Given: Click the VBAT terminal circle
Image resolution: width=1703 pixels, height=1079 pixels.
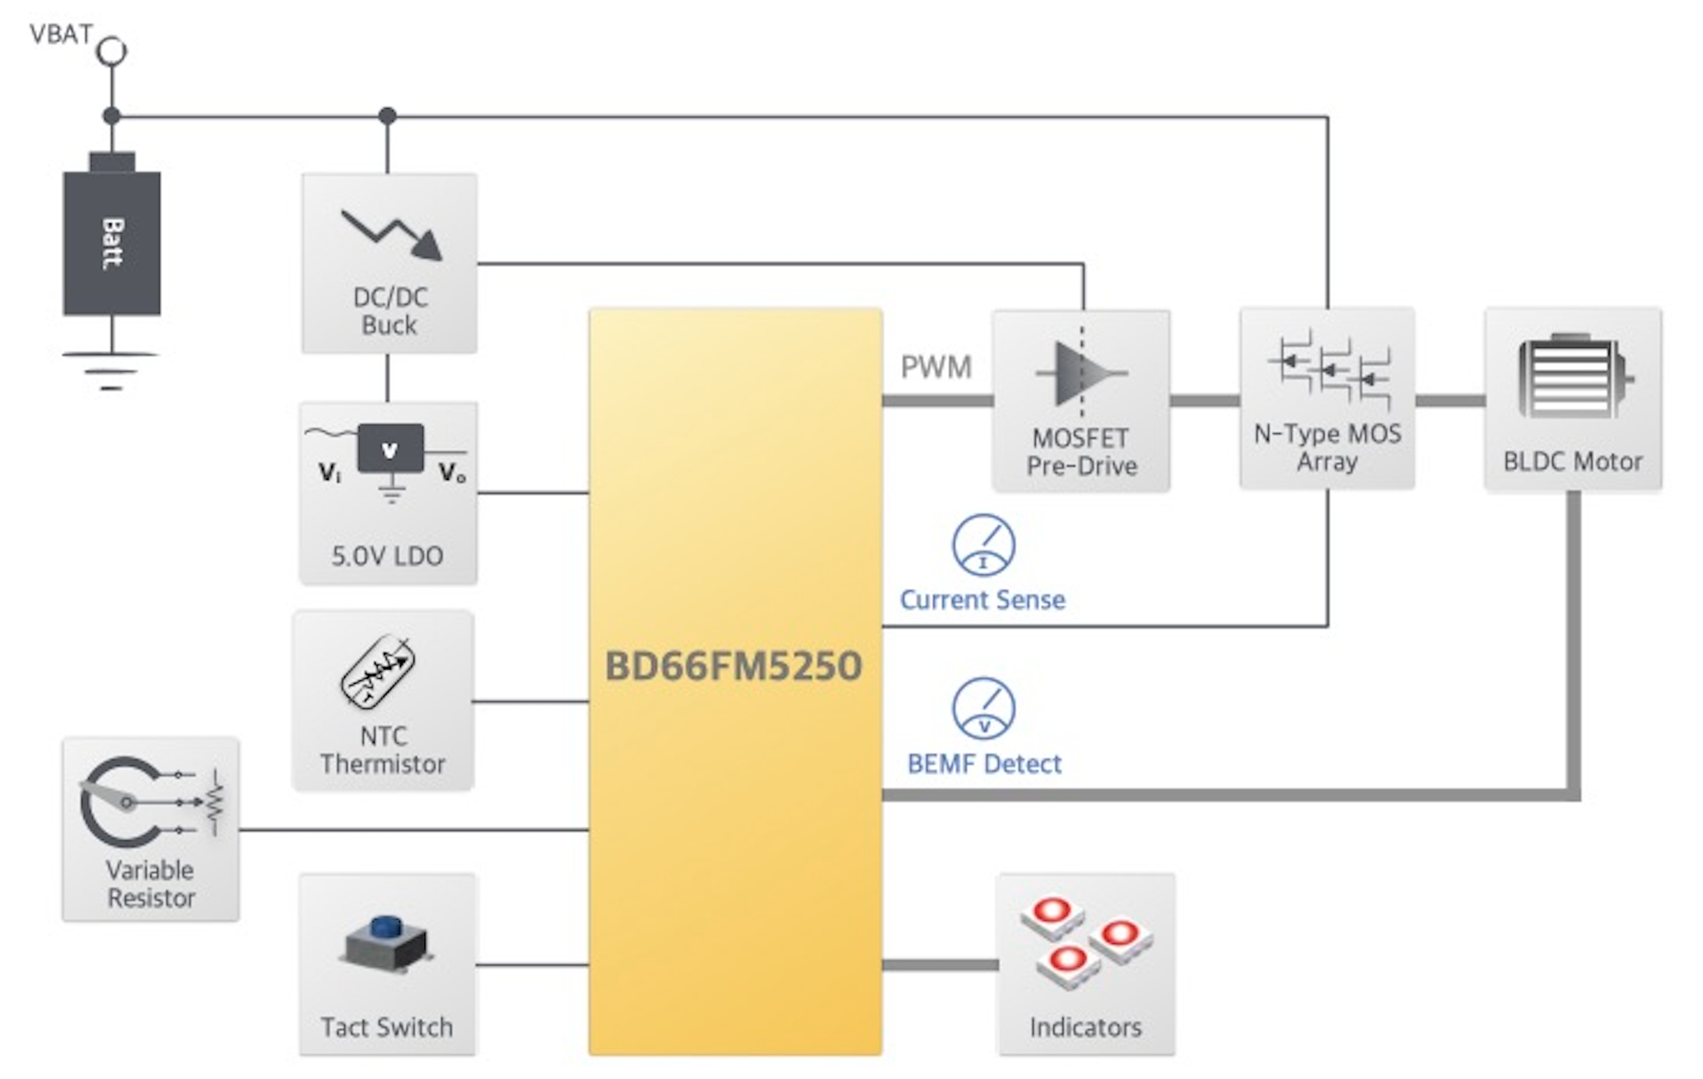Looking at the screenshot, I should click(112, 51).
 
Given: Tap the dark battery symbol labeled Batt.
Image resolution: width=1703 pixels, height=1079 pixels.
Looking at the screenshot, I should click(112, 242).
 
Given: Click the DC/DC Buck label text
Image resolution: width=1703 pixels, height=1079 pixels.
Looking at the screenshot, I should click(390, 311).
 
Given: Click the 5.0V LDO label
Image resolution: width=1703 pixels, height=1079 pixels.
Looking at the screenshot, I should click(387, 556).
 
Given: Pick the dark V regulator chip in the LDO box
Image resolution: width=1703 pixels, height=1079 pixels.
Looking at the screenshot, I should click(390, 450).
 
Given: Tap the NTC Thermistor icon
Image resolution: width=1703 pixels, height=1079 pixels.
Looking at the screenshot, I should click(378, 671).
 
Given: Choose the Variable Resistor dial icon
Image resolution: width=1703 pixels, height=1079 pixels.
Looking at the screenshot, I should click(124, 801).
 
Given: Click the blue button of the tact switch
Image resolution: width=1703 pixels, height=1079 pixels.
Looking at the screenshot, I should click(385, 928).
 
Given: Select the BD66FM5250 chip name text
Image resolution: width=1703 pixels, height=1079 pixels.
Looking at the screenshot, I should click(733, 666).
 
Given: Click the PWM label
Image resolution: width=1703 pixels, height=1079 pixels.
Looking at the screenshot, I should click(935, 367).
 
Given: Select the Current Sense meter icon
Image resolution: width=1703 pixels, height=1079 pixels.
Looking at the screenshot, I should click(983, 545).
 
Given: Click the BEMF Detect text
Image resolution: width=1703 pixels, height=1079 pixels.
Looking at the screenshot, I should click(984, 764).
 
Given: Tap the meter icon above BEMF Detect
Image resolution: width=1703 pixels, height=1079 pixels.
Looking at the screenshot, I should click(983, 708).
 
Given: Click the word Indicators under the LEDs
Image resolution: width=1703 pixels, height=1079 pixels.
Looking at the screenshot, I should click(1085, 1027).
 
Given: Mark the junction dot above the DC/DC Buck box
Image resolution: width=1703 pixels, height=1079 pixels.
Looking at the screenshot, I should click(388, 116).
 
